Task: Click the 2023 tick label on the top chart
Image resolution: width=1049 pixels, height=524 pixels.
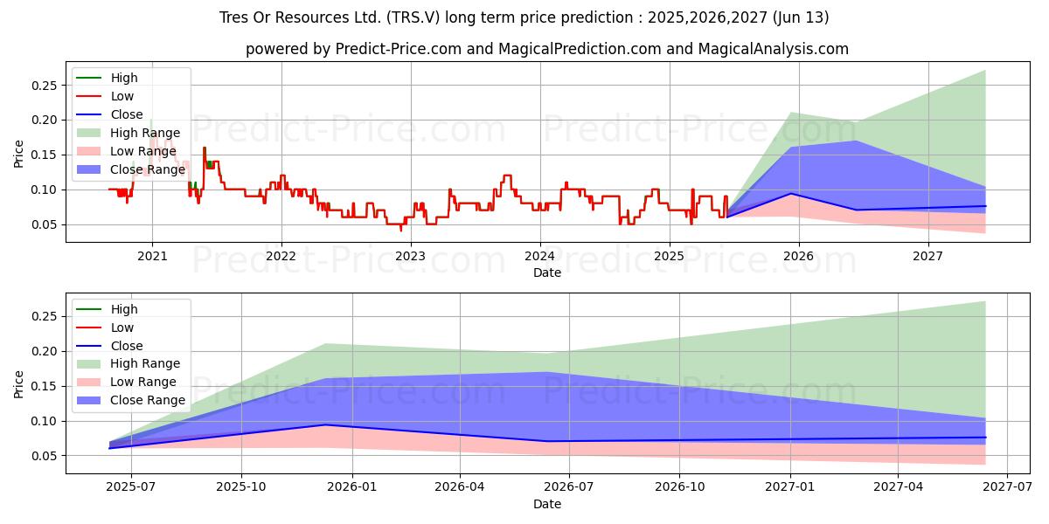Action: click(x=410, y=256)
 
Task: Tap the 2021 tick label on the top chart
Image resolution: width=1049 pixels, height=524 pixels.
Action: click(x=152, y=256)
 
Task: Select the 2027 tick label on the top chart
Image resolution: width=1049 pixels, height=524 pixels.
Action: click(x=927, y=256)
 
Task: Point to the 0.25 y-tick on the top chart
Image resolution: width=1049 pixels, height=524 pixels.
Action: click(x=44, y=86)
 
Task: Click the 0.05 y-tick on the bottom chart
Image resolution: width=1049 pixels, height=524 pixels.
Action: click(x=44, y=456)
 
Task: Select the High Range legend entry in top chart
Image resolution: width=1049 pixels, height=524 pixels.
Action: click(x=145, y=133)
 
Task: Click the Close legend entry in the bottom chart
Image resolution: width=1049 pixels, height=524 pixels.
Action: click(x=127, y=346)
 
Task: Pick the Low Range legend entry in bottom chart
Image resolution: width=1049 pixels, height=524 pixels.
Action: click(x=143, y=383)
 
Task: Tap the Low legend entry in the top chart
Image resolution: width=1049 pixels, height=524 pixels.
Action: click(x=122, y=96)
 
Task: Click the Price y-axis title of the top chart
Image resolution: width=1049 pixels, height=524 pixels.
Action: click(x=19, y=155)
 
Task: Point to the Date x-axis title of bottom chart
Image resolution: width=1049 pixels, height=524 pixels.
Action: click(x=547, y=504)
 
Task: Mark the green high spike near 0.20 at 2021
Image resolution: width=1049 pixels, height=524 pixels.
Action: click(x=151, y=122)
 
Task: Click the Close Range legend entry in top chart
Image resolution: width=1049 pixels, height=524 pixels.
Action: click(x=148, y=169)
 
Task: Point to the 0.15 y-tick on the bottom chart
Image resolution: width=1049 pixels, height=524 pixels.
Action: click(x=44, y=386)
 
